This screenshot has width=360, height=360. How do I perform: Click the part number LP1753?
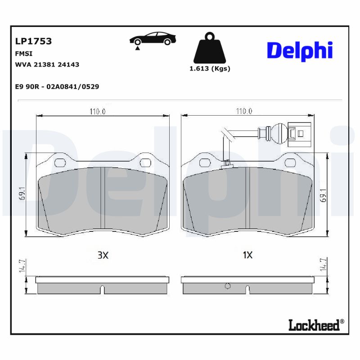[x=33, y=41]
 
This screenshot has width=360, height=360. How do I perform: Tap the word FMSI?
[x=23, y=53]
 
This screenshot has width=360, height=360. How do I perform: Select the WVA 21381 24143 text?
[x=47, y=65]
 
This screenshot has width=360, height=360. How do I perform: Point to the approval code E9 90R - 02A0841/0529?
[x=57, y=86]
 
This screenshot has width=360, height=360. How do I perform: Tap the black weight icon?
[x=209, y=48]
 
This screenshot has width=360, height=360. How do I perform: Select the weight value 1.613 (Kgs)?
[x=210, y=69]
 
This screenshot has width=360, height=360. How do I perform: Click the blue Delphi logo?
[x=300, y=51]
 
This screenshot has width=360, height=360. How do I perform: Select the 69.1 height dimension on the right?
[x=322, y=195]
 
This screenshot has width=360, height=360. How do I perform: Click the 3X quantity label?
[x=103, y=255]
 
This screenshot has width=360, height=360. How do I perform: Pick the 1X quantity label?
[x=247, y=255]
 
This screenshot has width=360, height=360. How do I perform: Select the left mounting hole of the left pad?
[x=58, y=162]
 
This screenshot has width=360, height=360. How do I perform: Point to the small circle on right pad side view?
[x=227, y=285]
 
